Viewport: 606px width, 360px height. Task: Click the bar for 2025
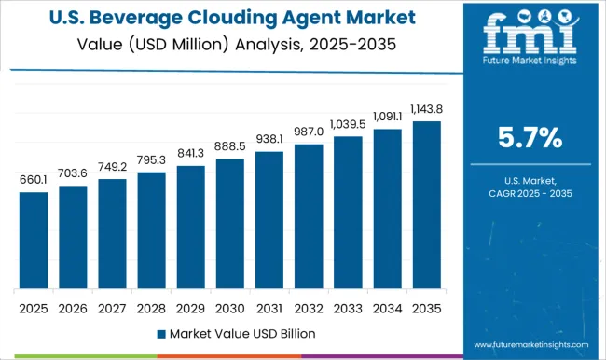tap(34, 240)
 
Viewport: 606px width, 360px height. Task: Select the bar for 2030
tap(229, 223)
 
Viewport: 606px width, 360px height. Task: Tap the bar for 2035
tap(426, 204)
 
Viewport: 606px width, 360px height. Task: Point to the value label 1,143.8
tap(426, 110)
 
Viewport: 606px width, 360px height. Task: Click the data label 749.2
tap(112, 168)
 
